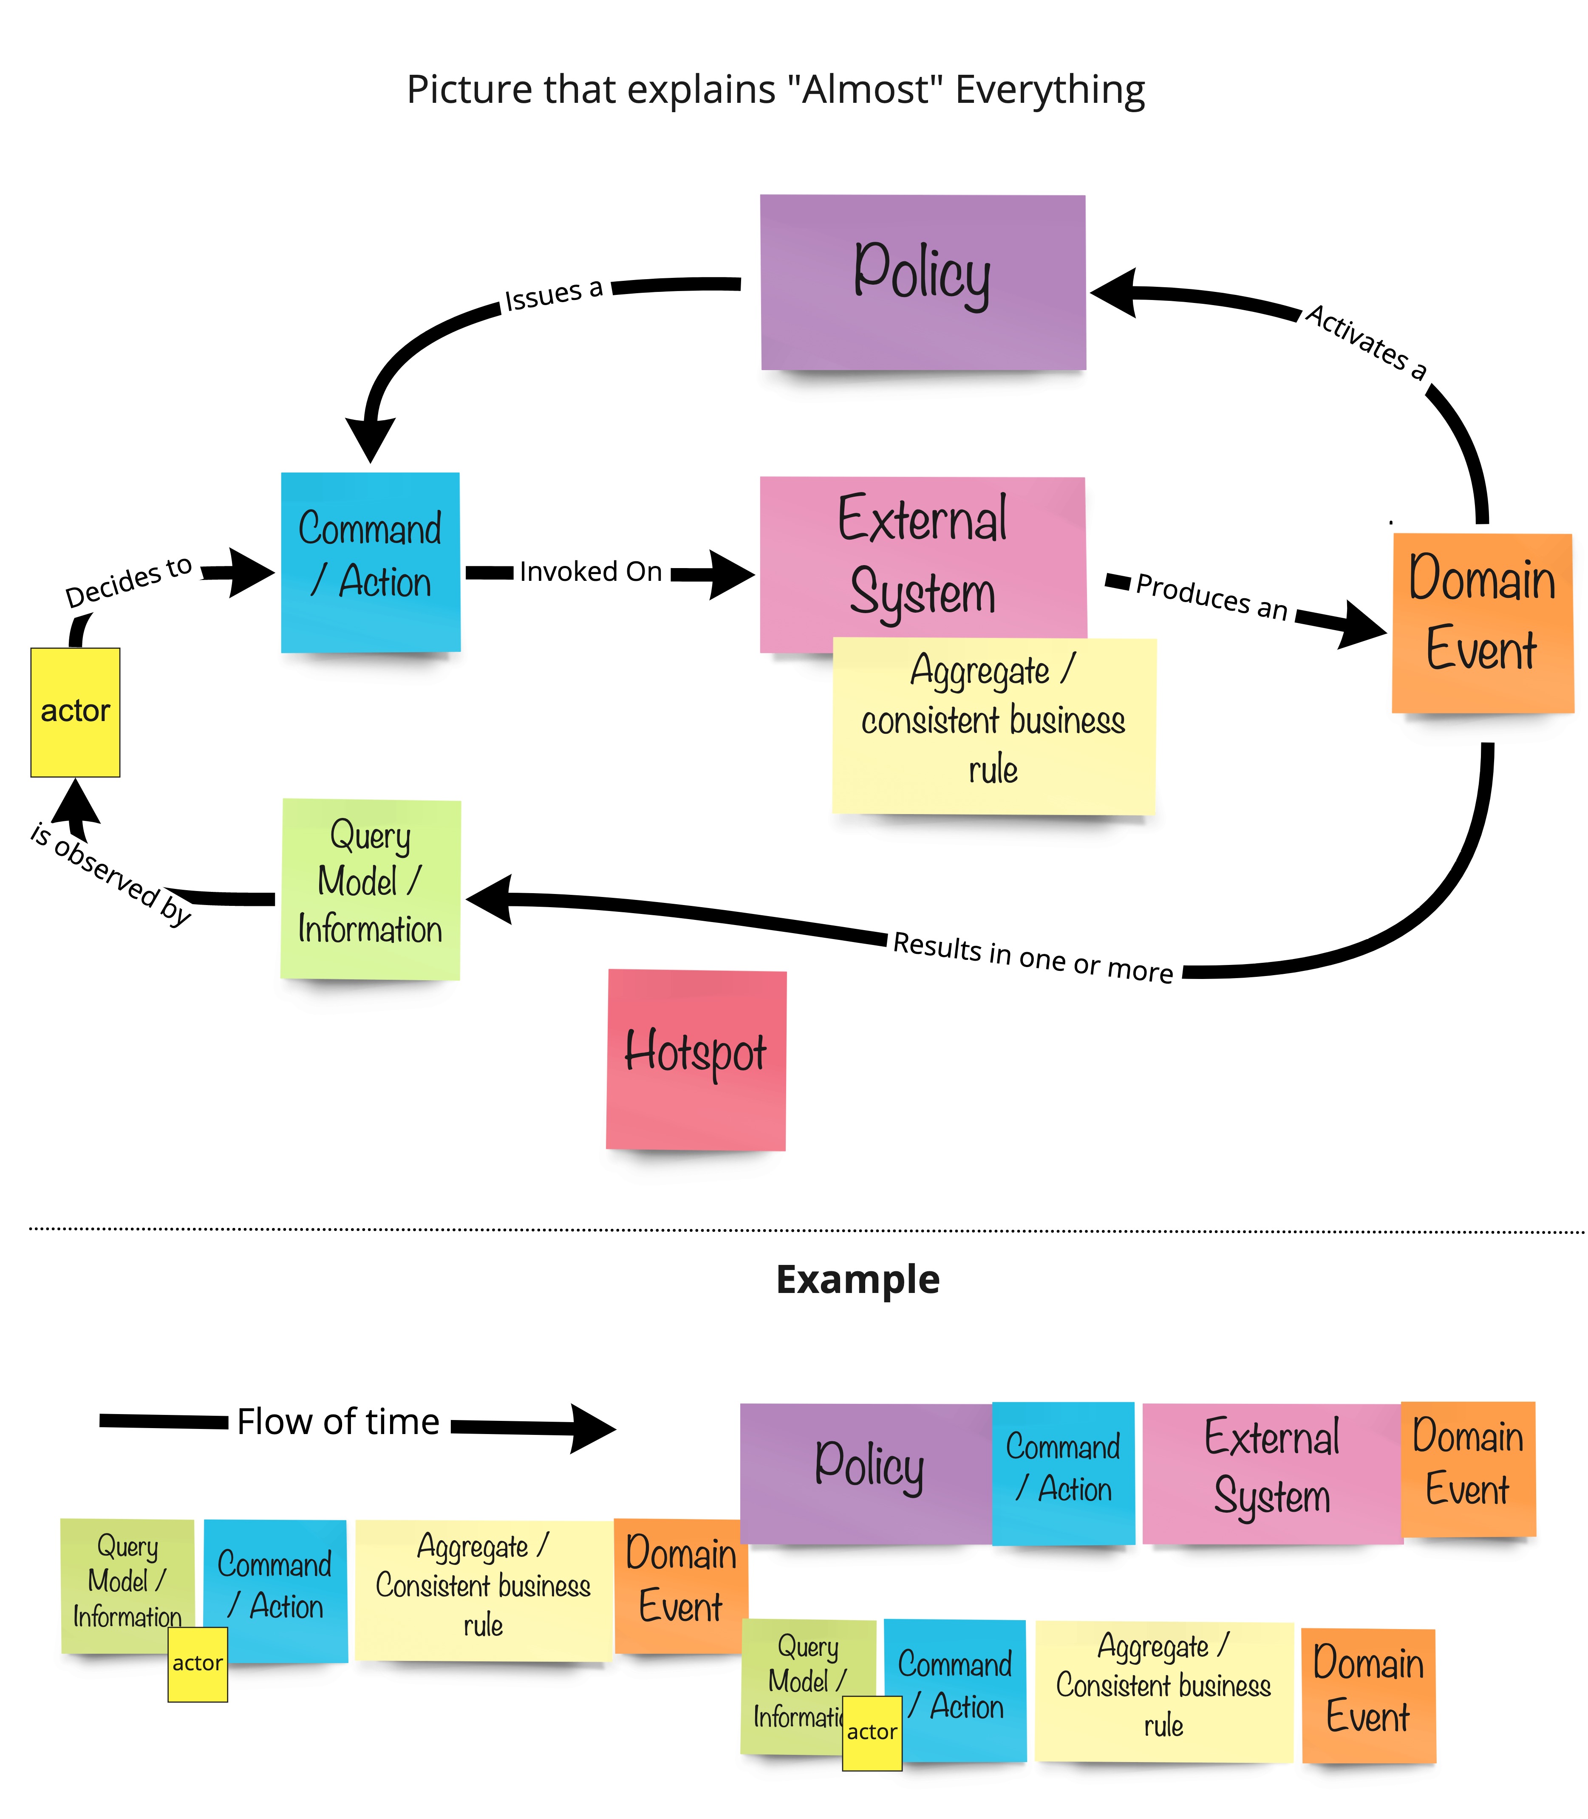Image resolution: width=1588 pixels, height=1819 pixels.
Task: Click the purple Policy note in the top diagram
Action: coord(923,282)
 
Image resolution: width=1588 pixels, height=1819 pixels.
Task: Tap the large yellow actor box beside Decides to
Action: coord(75,711)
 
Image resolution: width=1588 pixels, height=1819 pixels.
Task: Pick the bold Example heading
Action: coord(857,1279)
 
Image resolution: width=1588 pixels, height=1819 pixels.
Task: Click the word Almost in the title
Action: coord(860,90)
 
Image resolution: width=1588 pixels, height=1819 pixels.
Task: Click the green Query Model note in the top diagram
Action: coord(371,888)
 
